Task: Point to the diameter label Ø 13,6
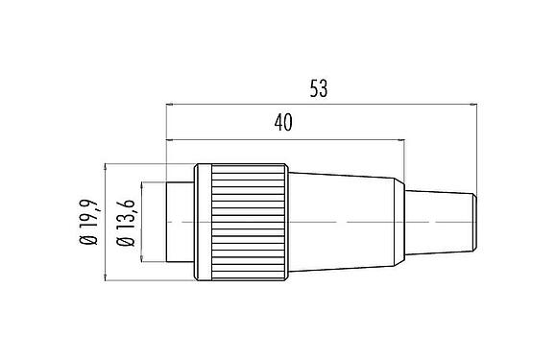pyautogui.click(x=126, y=222)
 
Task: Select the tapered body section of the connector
pyautogui.click(x=346, y=222)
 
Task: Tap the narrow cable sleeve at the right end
pyautogui.click(x=440, y=222)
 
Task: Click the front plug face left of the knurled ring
pyautogui.click(x=180, y=222)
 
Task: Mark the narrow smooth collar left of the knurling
pyautogui.click(x=202, y=222)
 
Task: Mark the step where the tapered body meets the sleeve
pyautogui.click(x=404, y=222)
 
